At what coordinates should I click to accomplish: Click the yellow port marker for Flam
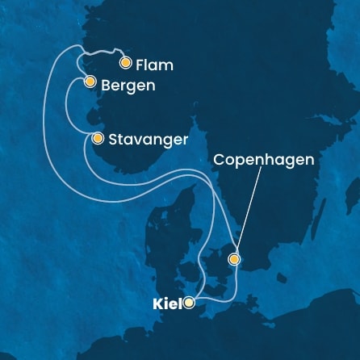125,62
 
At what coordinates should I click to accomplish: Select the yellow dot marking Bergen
90,82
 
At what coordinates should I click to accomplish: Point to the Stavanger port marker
98,138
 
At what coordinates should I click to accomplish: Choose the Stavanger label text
149,140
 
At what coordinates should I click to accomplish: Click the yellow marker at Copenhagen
234,259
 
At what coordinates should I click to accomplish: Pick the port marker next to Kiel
189,303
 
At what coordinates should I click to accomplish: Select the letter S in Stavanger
115,140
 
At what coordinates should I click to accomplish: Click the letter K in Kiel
157,304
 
